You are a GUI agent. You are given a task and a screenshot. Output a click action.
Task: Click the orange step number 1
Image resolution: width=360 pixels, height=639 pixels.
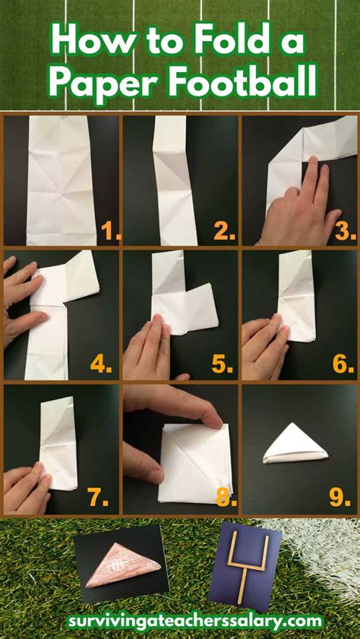[111, 231]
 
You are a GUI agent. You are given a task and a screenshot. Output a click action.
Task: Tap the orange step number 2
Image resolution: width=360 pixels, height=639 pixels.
[224, 231]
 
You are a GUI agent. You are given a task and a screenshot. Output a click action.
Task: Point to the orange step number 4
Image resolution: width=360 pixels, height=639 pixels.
[101, 364]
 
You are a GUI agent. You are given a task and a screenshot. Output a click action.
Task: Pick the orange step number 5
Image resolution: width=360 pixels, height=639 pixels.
[223, 364]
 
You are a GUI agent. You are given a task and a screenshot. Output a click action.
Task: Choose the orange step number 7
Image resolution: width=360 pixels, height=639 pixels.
[98, 498]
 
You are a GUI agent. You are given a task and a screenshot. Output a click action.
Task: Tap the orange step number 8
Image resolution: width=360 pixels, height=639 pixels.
[226, 498]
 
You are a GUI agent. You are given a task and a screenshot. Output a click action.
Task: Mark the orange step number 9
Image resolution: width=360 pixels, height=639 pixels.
[340, 498]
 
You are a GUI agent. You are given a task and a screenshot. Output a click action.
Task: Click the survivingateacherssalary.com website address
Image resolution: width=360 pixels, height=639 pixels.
[195, 622]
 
